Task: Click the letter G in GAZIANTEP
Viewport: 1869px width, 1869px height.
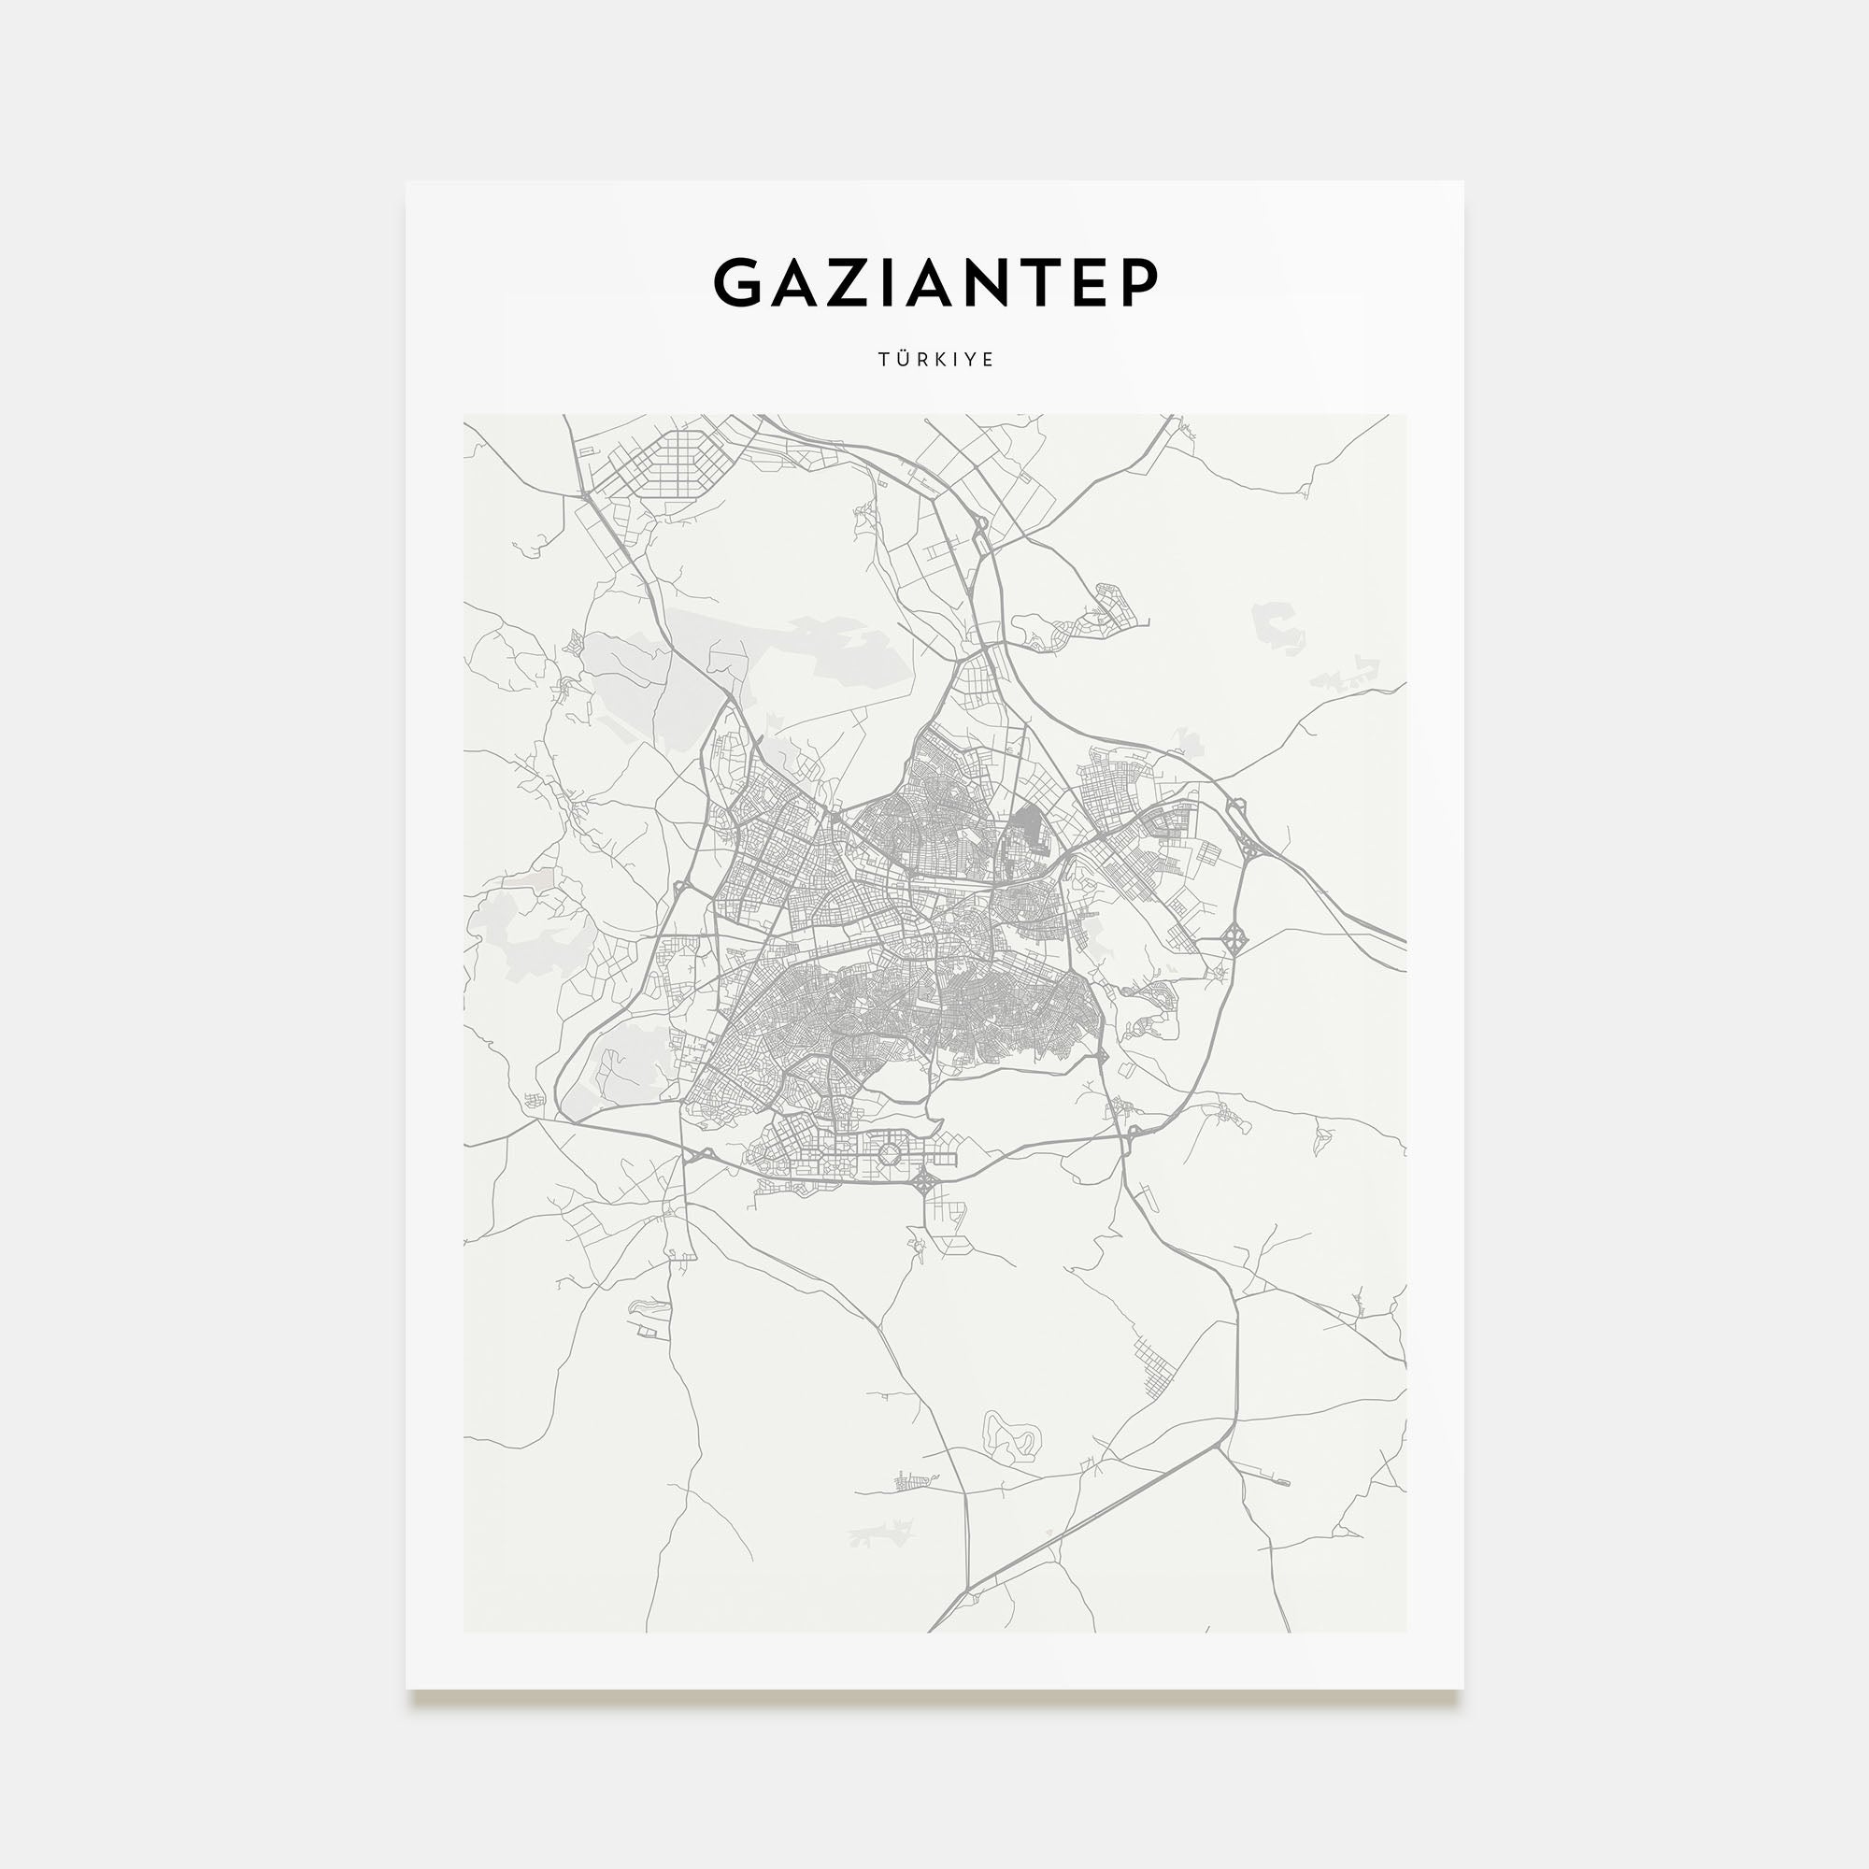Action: coord(739,282)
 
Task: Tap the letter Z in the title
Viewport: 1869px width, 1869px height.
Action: coord(848,282)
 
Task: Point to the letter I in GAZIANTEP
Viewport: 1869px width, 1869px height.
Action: coord(889,282)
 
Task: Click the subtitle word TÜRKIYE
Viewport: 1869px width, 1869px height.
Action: coord(935,360)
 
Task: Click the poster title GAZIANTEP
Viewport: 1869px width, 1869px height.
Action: coord(935,282)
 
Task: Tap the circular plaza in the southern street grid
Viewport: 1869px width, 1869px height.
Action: coord(888,1154)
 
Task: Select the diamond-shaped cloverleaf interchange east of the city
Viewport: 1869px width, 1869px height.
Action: coord(1234,936)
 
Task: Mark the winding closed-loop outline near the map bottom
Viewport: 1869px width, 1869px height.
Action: coord(1010,1434)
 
